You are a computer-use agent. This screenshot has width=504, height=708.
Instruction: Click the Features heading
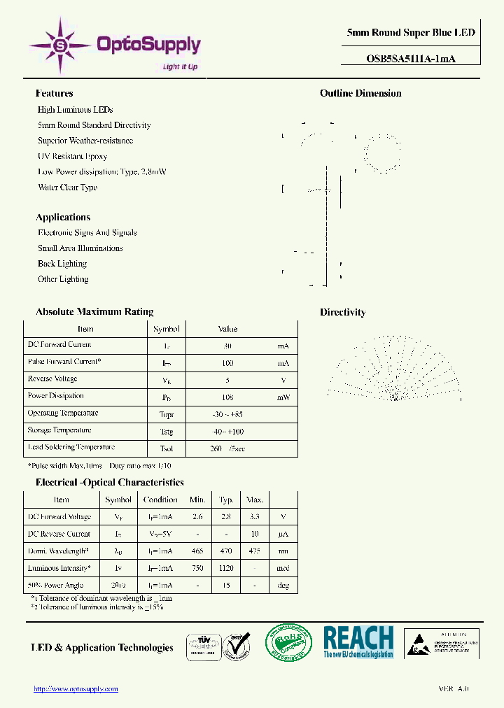click(x=54, y=93)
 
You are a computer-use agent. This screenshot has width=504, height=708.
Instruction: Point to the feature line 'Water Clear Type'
click(x=67, y=187)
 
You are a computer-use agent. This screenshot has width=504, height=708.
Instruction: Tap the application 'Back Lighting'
click(x=62, y=264)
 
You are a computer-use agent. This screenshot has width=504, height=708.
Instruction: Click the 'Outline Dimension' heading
click(x=360, y=93)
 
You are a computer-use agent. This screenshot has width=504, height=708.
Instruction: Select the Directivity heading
click(x=342, y=312)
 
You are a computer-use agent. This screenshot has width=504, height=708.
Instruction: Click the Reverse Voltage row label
click(x=52, y=378)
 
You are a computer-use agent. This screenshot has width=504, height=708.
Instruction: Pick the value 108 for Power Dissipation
click(x=227, y=396)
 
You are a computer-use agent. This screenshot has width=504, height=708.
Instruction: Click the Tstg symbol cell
click(x=166, y=431)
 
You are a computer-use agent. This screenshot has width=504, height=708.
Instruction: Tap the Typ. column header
click(x=226, y=500)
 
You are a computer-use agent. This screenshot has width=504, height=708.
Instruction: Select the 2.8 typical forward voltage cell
click(x=226, y=517)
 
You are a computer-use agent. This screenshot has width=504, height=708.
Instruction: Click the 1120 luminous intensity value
click(x=226, y=569)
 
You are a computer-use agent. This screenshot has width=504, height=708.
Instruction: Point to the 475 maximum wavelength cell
click(x=254, y=551)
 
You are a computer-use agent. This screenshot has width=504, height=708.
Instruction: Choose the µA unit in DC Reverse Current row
click(x=283, y=534)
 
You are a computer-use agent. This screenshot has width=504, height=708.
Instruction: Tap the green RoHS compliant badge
click(x=288, y=642)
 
